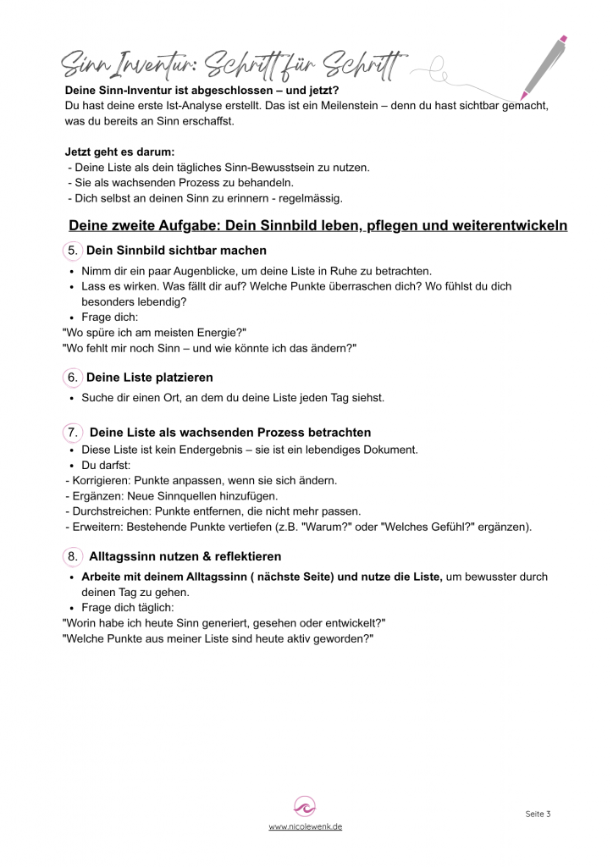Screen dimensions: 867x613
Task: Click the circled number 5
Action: point(73,251)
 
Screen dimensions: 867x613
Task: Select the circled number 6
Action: point(73,377)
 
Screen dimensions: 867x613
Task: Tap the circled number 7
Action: point(73,433)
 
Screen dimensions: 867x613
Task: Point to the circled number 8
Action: point(73,556)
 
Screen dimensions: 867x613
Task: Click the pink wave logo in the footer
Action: point(305,806)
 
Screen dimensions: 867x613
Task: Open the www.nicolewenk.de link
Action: point(306,827)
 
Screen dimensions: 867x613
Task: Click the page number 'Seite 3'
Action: point(538,814)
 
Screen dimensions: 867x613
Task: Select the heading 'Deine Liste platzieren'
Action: point(150,377)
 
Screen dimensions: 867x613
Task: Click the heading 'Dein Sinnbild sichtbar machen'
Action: point(176,251)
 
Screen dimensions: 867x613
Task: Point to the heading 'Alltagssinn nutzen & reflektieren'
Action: point(185,556)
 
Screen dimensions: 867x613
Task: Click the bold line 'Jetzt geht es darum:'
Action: point(119,152)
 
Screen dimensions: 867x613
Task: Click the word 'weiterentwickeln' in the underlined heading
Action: point(511,226)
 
